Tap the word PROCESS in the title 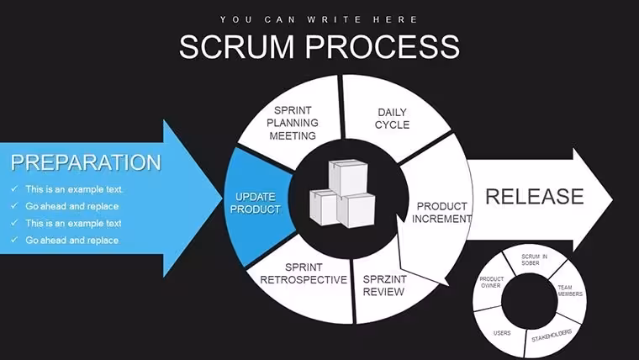tap(383, 46)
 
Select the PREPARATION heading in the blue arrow tap(86, 162)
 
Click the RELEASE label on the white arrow tap(534, 197)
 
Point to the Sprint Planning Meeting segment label tap(293, 123)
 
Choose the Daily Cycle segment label tap(392, 119)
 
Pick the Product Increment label tap(441, 213)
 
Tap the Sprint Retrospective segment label tap(304, 273)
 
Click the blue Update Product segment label tap(256, 203)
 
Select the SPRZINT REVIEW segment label tap(384, 285)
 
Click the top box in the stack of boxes tap(348, 177)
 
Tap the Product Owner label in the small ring tap(492, 282)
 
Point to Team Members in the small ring tap(569, 290)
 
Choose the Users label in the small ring tap(502, 333)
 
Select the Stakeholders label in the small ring tap(552, 336)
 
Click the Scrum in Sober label tap(534, 260)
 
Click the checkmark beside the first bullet tap(14, 188)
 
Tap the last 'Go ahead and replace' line tap(72, 240)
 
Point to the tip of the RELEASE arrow tap(612, 199)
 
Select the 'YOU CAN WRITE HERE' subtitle tap(319, 19)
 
